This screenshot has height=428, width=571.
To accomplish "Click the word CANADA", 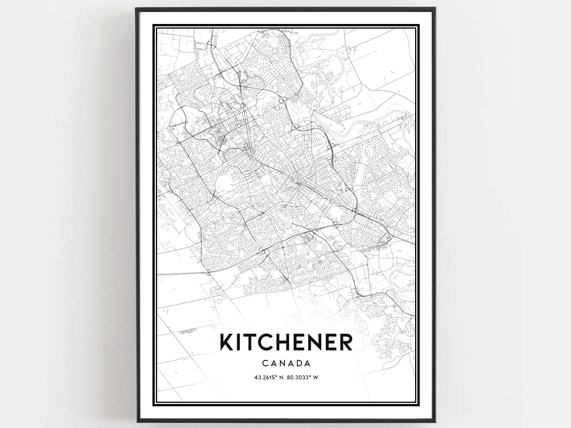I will pyautogui.click(x=286, y=363).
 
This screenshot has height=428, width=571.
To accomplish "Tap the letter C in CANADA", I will pyautogui.click(x=265, y=363).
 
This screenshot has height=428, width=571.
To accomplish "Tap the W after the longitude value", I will pyautogui.click(x=315, y=377).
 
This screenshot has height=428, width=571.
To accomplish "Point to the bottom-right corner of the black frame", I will pyautogui.click(x=435, y=422).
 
